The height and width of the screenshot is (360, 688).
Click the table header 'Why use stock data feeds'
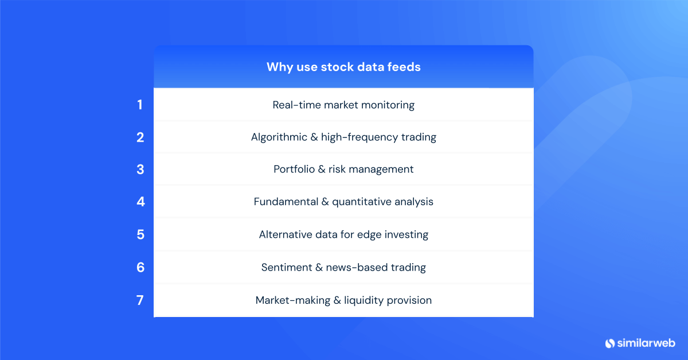click(x=343, y=67)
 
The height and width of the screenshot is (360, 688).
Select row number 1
click(x=140, y=105)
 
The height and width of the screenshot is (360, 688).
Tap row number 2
click(x=140, y=137)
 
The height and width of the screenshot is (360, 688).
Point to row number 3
click(x=140, y=169)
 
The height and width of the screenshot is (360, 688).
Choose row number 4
click(x=140, y=202)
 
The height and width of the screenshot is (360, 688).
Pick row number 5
click(x=140, y=234)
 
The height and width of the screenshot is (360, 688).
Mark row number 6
click(x=140, y=267)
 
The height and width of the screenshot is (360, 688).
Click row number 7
click(x=140, y=300)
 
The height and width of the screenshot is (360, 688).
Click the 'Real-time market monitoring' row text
click(x=343, y=105)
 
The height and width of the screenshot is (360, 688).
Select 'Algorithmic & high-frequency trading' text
click(x=343, y=137)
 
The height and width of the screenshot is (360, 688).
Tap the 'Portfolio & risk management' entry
click(x=343, y=169)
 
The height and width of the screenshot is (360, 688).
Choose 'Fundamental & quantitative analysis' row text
click(x=343, y=202)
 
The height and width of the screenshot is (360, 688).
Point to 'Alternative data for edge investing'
click(x=343, y=234)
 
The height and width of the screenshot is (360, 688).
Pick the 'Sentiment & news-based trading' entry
click(x=343, y=267)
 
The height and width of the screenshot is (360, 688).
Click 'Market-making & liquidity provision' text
click(x=343, y=300)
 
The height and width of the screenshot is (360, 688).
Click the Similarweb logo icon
click(x=609, y=343)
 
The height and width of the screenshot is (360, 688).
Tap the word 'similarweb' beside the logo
click(x=646, y=343)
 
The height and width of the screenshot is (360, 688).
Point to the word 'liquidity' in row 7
click(x=365, y=300)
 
